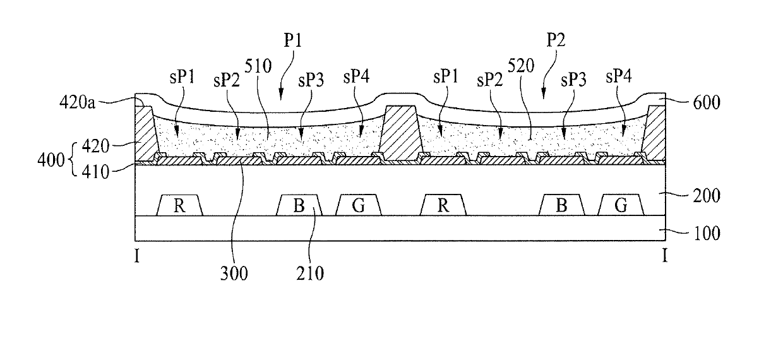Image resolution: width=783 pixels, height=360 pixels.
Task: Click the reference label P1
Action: tap(292, 40)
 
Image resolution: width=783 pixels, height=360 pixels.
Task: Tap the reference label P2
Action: tap(556, 40)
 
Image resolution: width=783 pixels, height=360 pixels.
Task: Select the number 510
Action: tap(258, 66)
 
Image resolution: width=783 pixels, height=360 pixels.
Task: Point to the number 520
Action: tap(521, 66)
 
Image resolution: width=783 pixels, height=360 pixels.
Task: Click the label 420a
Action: tap(77, 102)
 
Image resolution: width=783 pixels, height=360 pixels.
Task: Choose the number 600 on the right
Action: tap(707, 103)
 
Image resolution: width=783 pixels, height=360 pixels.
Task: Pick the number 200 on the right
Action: tap(707, 196)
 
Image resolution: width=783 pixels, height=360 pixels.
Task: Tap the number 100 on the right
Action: tap(707, 234)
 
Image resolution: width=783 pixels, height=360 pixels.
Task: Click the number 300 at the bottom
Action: tap(234, 273)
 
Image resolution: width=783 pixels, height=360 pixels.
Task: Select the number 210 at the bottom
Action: tap(310, 273)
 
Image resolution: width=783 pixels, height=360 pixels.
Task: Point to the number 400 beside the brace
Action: tap(51, 160)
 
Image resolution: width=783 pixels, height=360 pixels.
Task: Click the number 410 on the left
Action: tap(95, 172)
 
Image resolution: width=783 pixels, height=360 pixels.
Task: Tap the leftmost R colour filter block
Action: tap(179, 205)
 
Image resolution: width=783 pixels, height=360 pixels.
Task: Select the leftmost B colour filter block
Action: tap(299, 205)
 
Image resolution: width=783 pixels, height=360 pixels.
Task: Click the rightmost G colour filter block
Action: tap(621, 205)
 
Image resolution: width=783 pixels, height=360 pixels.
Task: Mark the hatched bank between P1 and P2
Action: tap(400, 133)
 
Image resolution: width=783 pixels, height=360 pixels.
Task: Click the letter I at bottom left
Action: tap(136, 256)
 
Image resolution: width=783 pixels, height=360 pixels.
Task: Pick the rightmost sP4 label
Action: tap(619, 76)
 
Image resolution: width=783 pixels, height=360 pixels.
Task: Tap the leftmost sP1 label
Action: tap(182, 76)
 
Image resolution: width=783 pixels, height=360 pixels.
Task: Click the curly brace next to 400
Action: tap(71, 160)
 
